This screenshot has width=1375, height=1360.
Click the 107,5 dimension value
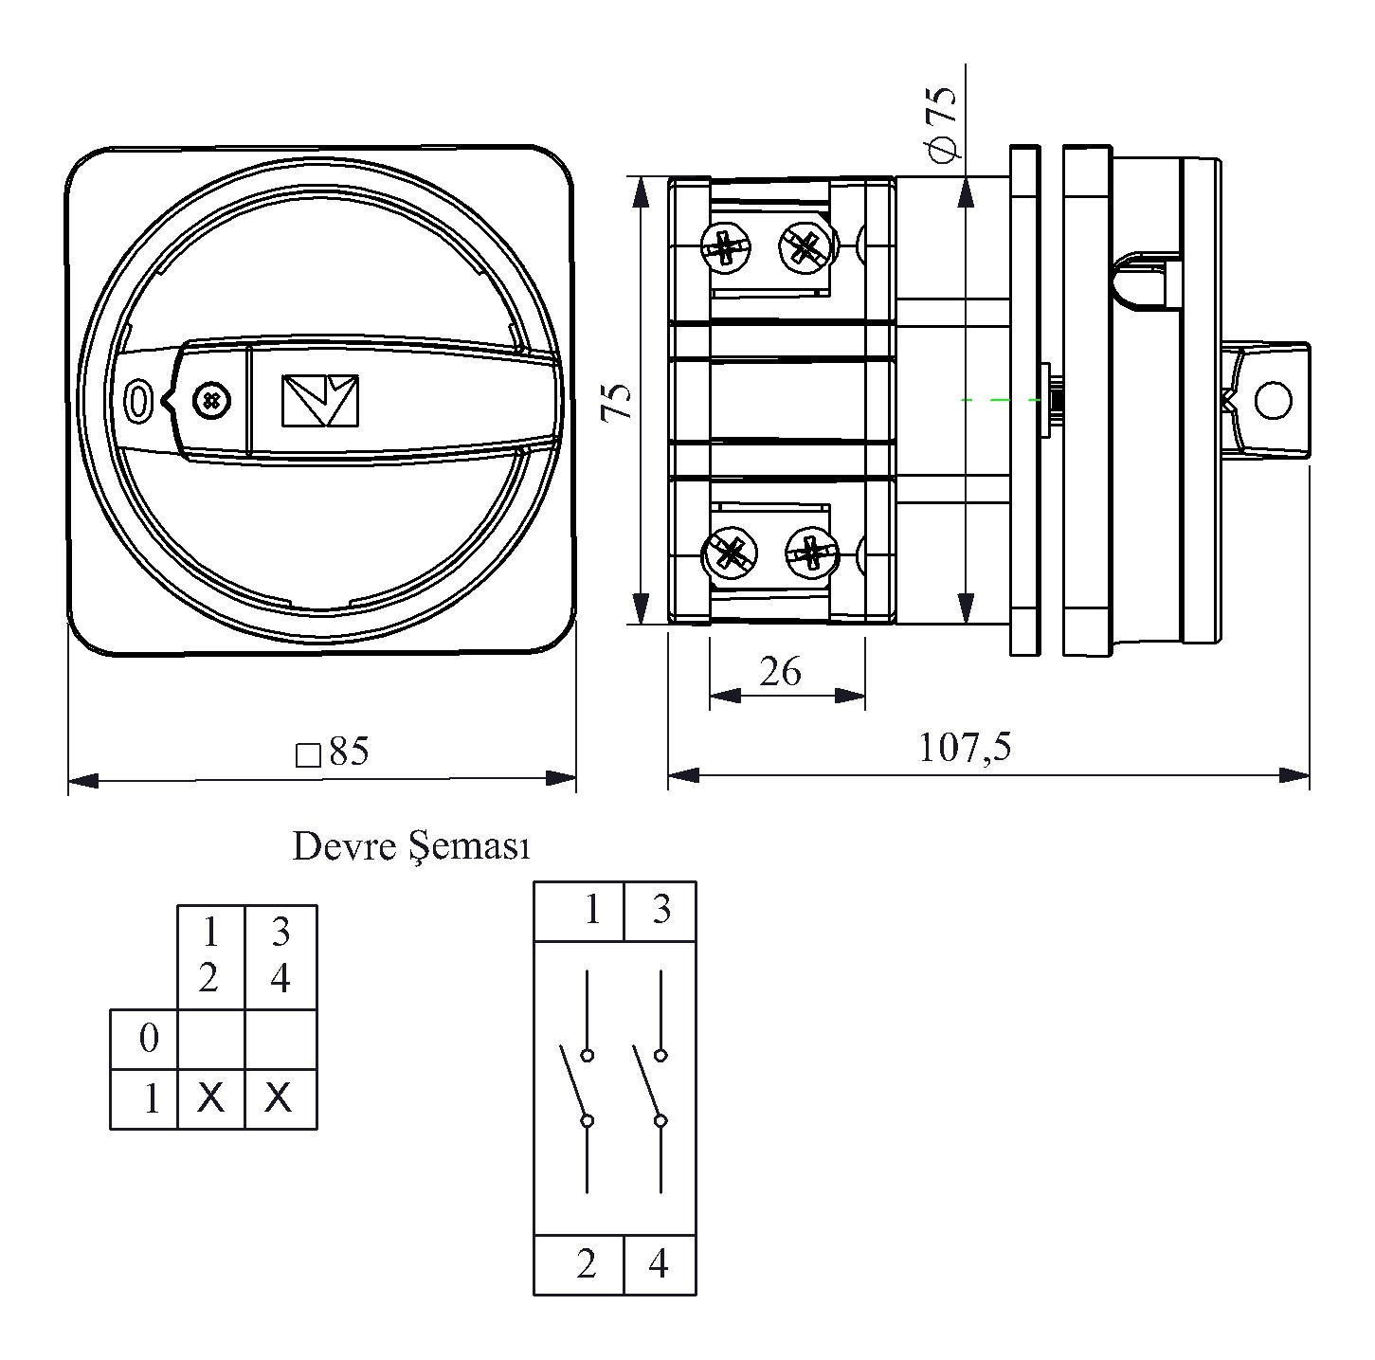click(x=965, y=748)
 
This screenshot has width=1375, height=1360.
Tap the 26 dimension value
click(x=780, y=671)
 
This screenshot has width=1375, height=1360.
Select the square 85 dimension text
click(x=334, y=753)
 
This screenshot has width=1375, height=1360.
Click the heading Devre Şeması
click(x=410, y=846)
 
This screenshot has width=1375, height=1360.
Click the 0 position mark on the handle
click(x=138, y=401)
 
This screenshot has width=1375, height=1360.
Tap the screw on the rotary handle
click(x=210, y=401)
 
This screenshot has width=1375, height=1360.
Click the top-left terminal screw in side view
click(x=726, y=249)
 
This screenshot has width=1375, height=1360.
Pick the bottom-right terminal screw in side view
click(x=811, y=553)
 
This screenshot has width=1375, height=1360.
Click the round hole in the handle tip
click(x=1272, y=400)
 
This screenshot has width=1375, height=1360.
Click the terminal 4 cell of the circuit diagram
click(x=660, y=1263)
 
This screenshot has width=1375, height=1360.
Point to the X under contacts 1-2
click(x=211, y=1098)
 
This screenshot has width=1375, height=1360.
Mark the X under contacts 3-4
click(x=279, y=1098)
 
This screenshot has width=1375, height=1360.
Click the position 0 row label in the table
click(x=149, y=1039)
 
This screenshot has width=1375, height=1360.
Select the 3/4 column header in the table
click(x=280, y=956)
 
